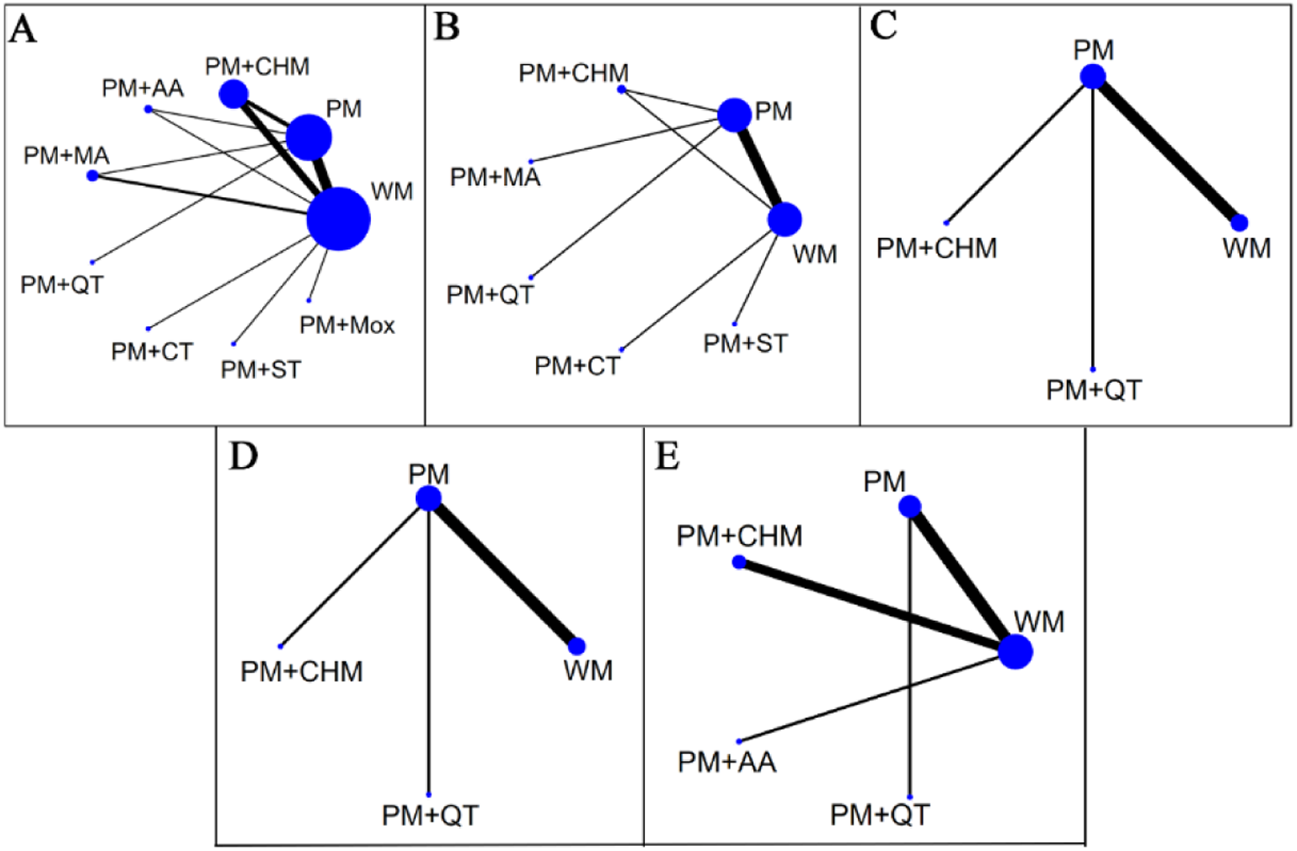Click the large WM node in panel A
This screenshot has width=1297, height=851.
click(338, 219)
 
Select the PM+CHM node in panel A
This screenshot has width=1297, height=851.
click(233, 93)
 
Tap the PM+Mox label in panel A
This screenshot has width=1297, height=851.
click(347, 325)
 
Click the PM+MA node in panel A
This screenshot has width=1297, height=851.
click(93, 176)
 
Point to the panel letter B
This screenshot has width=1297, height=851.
click(446, 28)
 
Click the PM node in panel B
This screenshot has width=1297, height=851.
click(734, 115)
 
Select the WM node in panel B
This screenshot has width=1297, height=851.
click(784, 220)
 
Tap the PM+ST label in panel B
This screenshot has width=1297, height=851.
click(745, 344)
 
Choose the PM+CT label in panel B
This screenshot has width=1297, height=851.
click(577, 366)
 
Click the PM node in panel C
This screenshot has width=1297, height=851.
click(1093, 76)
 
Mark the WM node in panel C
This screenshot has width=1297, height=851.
click(1239, 223)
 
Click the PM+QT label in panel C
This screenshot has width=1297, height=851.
click(1094, 390)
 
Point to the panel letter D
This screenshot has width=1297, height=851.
click(243, 456)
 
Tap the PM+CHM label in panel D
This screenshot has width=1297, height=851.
click(301, 671)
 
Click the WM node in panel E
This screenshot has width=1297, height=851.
click(1015, 651)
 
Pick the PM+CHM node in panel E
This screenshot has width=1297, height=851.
click(739, 562)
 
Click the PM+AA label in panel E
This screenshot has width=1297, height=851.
click(726, 762)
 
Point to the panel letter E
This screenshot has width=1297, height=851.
click(667, 456)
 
